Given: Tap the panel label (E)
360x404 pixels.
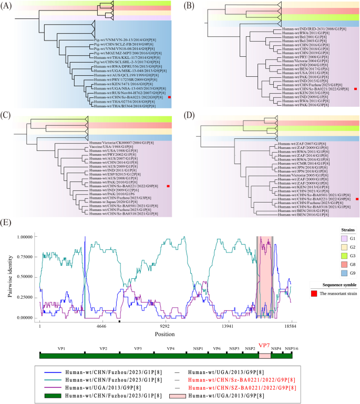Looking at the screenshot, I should pyautogui.click(x=9, y=217).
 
